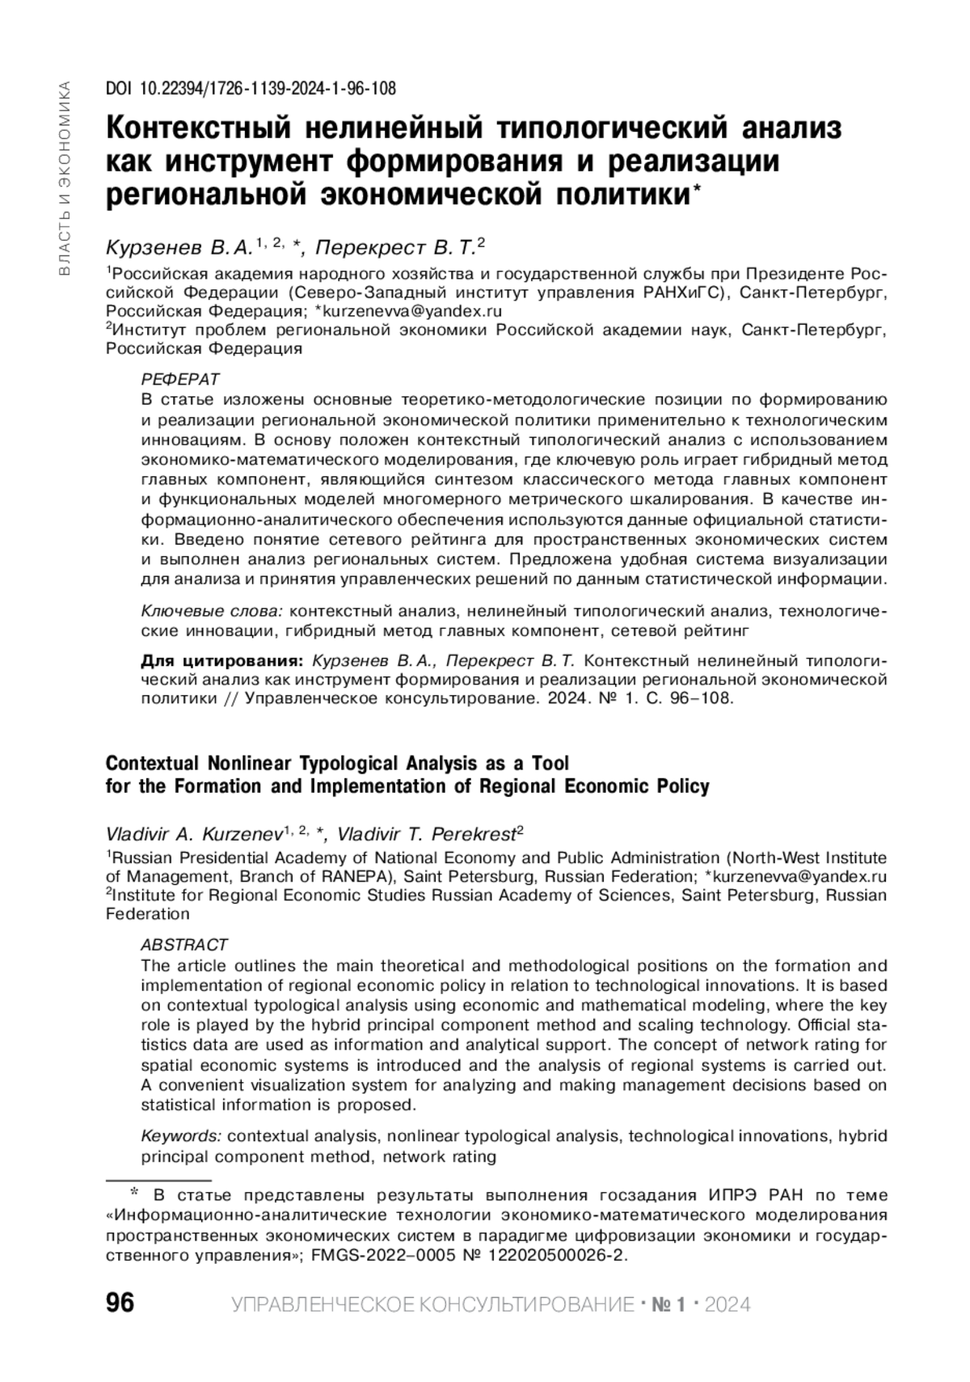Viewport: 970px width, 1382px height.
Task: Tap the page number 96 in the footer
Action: tap(120, 1304)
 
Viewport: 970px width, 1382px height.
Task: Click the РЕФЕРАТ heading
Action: tap(180, 379)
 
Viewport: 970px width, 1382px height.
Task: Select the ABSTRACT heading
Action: tap(184, 945)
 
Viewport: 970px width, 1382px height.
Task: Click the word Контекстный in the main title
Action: tap(199, 128)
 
